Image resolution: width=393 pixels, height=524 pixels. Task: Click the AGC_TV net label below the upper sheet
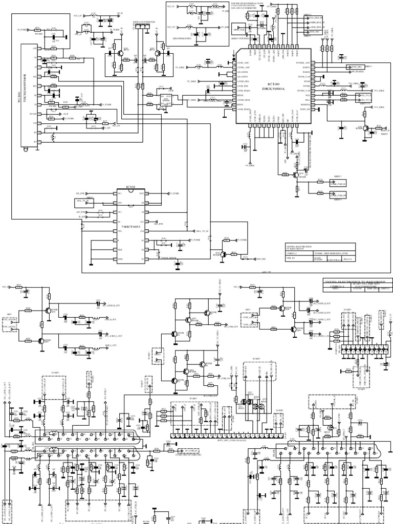[x=267, y=272]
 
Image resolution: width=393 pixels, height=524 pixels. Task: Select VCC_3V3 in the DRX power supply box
[x=173, y=27]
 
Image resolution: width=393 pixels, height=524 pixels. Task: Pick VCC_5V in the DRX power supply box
[x=173, y=6]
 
